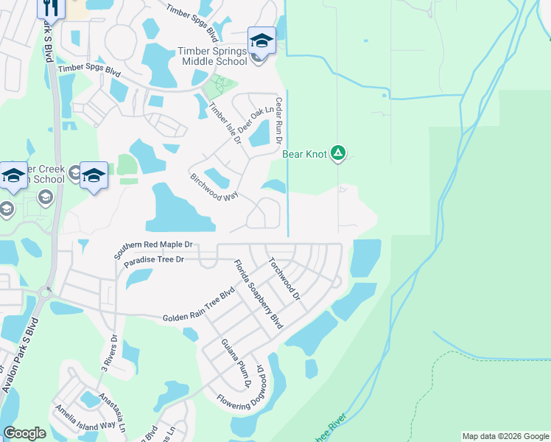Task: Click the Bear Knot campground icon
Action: [337, 154]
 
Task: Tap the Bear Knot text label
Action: [303, 155]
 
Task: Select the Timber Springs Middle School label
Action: [213, 56]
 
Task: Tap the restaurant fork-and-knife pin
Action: [51, 7]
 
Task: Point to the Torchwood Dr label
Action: [284, 278]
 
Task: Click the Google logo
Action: [24, 433]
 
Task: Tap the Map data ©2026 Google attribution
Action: [505, 436]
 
